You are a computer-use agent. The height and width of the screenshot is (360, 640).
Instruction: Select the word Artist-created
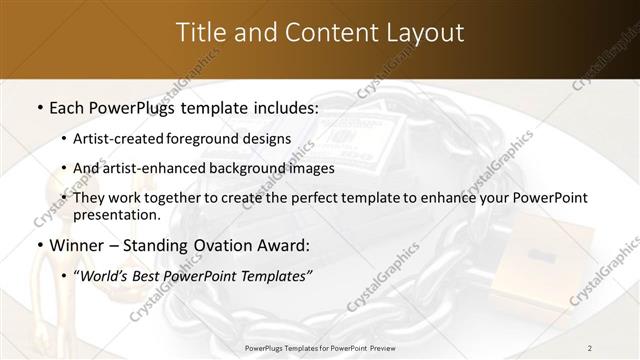(x=121, y=139)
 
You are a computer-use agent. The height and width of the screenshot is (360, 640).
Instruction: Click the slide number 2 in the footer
(x=590, y=347)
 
